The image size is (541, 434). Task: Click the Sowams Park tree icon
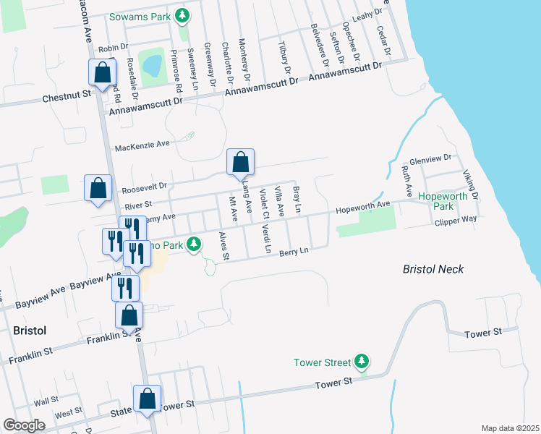(x=184, y=15)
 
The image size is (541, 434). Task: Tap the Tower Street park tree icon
(x=363, y=362)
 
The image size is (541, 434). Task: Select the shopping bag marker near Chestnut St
(x=102, y=72)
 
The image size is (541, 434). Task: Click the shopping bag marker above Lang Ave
(x=240, y=163)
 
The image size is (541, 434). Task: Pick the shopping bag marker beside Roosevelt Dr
(x=98, y=189)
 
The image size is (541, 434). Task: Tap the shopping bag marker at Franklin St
(x=129, y=315)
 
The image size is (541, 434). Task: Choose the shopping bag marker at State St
(x=148, y=399)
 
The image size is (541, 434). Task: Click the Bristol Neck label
(x=433, y=269)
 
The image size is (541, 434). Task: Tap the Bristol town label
(x=30, y=331)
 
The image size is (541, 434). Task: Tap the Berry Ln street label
(x=294, y=251)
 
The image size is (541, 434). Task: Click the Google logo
(x=24, y=425)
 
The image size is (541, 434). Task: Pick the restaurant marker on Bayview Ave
(x=125, y=287)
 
